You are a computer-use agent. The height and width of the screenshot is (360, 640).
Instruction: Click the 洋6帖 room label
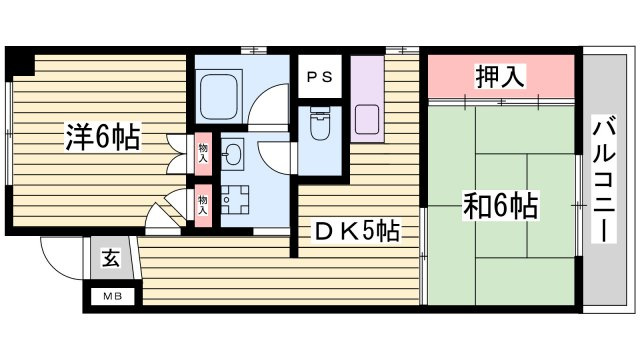pyautogui.click(x=103, y=136)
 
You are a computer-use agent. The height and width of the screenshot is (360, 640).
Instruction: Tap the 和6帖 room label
pyautogui.click(x=500, y=207)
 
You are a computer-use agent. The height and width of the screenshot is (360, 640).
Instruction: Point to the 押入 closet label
pyautogui.click(x=499, y=76)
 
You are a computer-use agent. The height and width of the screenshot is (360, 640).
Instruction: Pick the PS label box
pyautogui.click(x=320, y=76)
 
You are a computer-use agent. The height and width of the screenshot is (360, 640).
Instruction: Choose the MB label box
pyautogui.click(x=110, y=296)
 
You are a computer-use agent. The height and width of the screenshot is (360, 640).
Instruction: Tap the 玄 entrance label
pyautogui.click(x=110, y=259)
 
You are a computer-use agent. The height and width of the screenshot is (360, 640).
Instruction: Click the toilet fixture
pyautogui.click(x=321, y=124)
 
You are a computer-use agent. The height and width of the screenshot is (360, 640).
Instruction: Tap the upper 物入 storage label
pyautogui.click(x=204, y=152)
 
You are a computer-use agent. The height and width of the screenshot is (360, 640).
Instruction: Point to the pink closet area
pyautogui.click(x=499, y=77)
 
